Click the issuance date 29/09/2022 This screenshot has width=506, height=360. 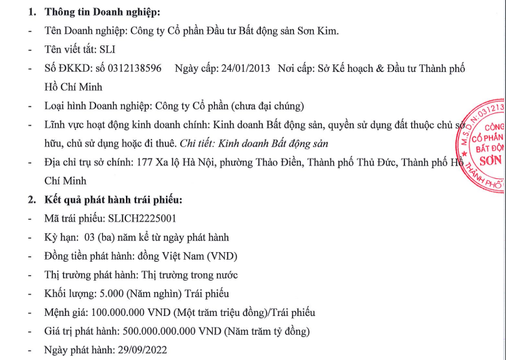click(x=140, y=350)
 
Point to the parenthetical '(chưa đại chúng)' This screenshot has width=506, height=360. click(x=266, y=106)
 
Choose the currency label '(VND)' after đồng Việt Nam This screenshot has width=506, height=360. click(x=224, y=256)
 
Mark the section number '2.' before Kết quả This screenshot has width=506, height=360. click(x=32, y=199)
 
